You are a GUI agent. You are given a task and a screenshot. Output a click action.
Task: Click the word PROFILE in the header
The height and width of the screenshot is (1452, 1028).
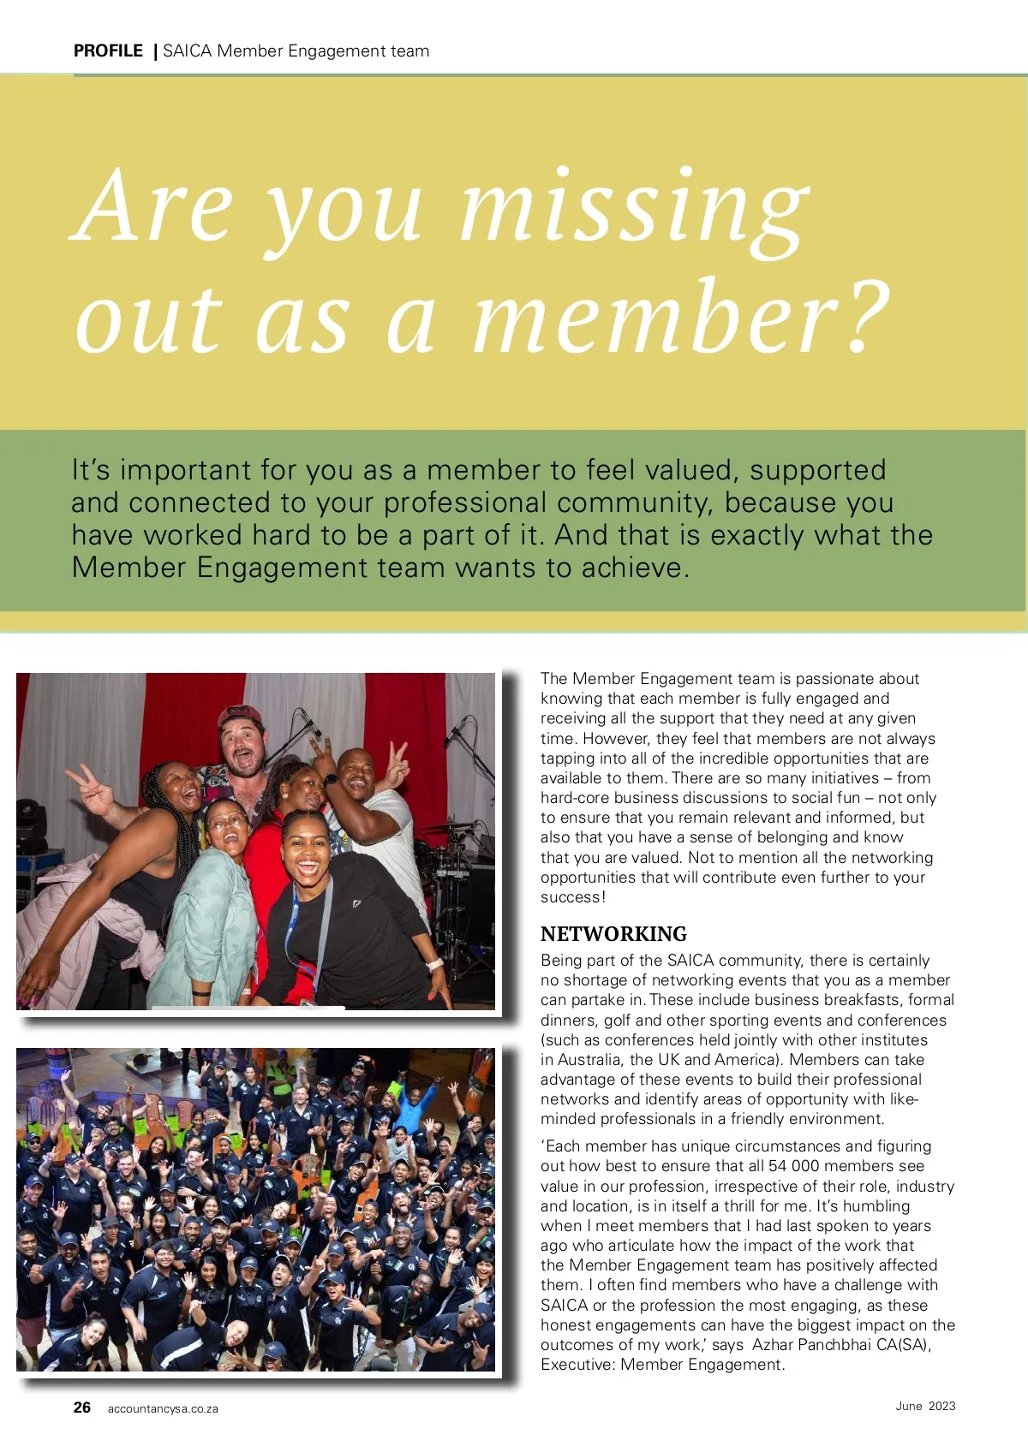click(108, 51)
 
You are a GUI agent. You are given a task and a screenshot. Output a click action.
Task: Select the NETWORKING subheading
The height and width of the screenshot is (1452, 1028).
click(613, 934)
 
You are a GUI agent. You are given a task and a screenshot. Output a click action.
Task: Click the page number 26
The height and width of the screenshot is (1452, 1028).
click(82, 1407)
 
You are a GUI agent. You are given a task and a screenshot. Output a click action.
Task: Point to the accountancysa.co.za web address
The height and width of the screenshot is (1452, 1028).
click(163, 1409)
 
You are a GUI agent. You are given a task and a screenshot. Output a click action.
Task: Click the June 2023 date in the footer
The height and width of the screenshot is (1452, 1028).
click(925, 1406)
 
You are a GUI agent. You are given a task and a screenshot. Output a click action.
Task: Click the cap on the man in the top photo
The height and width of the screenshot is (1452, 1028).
click(241, 716)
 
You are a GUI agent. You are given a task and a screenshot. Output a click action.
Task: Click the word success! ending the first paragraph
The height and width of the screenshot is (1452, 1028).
click(573, 897)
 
